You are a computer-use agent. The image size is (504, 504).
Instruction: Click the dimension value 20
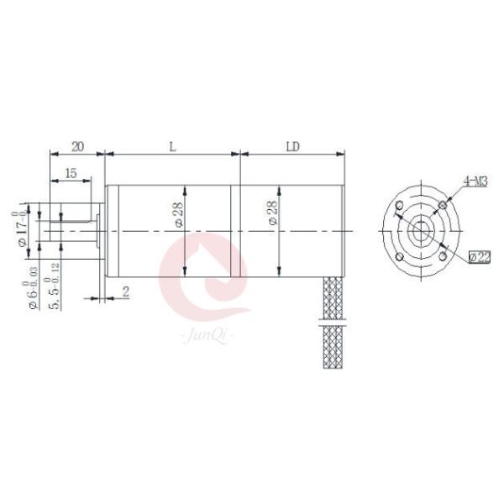point(76,146)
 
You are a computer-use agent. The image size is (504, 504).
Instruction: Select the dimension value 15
point(71,173)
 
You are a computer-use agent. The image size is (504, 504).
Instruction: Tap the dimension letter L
point(172,146)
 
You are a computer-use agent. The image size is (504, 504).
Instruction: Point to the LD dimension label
point(292,146)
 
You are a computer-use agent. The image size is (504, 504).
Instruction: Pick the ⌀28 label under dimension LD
point(271,215)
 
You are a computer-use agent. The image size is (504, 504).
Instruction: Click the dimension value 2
point(125,291)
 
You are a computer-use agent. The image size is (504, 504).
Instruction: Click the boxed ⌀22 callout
point(480,255)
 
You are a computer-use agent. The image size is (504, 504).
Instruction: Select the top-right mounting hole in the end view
point(443,205)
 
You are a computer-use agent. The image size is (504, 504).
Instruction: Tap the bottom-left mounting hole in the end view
point(400,256)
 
